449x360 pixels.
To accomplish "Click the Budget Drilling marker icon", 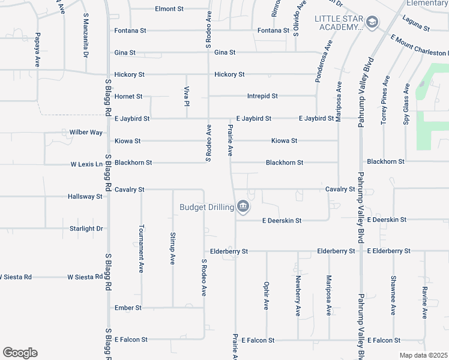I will click(x=243, y=207).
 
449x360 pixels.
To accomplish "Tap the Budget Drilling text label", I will click(x=206, y=208).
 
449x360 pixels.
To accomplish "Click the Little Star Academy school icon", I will click(x=372, y=22).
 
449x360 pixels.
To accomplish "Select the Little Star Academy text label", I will click(x=339, y=23).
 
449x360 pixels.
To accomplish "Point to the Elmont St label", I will click(x=169, y=9).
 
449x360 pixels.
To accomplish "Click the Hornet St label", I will click(x=128, y=96).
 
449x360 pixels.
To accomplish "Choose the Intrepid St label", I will click(x=262, y=96).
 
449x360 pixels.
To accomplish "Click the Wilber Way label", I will click(x=86, y=132).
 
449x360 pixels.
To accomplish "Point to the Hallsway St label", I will click(x=85, y=196).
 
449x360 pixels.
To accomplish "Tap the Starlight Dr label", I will click(x=86, y=229).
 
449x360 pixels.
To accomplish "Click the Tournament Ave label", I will click(x=142, y=249).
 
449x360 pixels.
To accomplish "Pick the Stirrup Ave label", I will click(x=173, y=249).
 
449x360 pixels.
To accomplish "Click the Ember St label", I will click(x=128, y=308).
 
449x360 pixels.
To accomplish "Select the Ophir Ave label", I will click(x=267, y=296).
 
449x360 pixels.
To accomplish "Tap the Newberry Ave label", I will click(x=298, y=296).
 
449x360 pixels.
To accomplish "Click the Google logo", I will click(x=20, y=353).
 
